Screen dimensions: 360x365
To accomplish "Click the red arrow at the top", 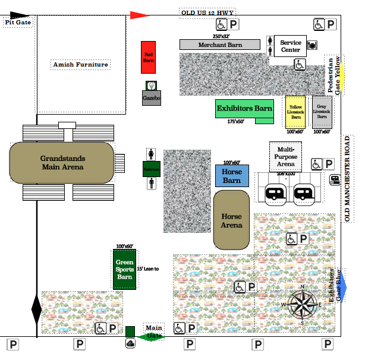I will tap(140, 15).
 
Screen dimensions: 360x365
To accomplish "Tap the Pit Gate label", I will tap(18, 23).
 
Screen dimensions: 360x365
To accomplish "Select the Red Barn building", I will tap(149, 57).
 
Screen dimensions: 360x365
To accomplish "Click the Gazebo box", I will tap(152, 97).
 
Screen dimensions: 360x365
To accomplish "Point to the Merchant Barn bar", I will tap(220, 45).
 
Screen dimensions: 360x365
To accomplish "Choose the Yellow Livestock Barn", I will tap(295, 112).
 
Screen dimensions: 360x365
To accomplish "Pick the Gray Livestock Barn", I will tap(322, 112).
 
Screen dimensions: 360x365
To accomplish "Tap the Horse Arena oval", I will tap(232, 220).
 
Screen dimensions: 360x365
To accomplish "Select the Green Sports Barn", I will tap(124, 269).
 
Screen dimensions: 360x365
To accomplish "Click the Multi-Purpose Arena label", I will tap(286, 156).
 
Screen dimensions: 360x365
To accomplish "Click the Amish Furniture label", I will tap(81, 64).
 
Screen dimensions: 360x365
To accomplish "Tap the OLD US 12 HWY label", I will tap(207, 13).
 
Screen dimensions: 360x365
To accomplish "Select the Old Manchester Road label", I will tap(348, 179).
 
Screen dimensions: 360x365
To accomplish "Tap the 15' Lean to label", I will tap(148, 269).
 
